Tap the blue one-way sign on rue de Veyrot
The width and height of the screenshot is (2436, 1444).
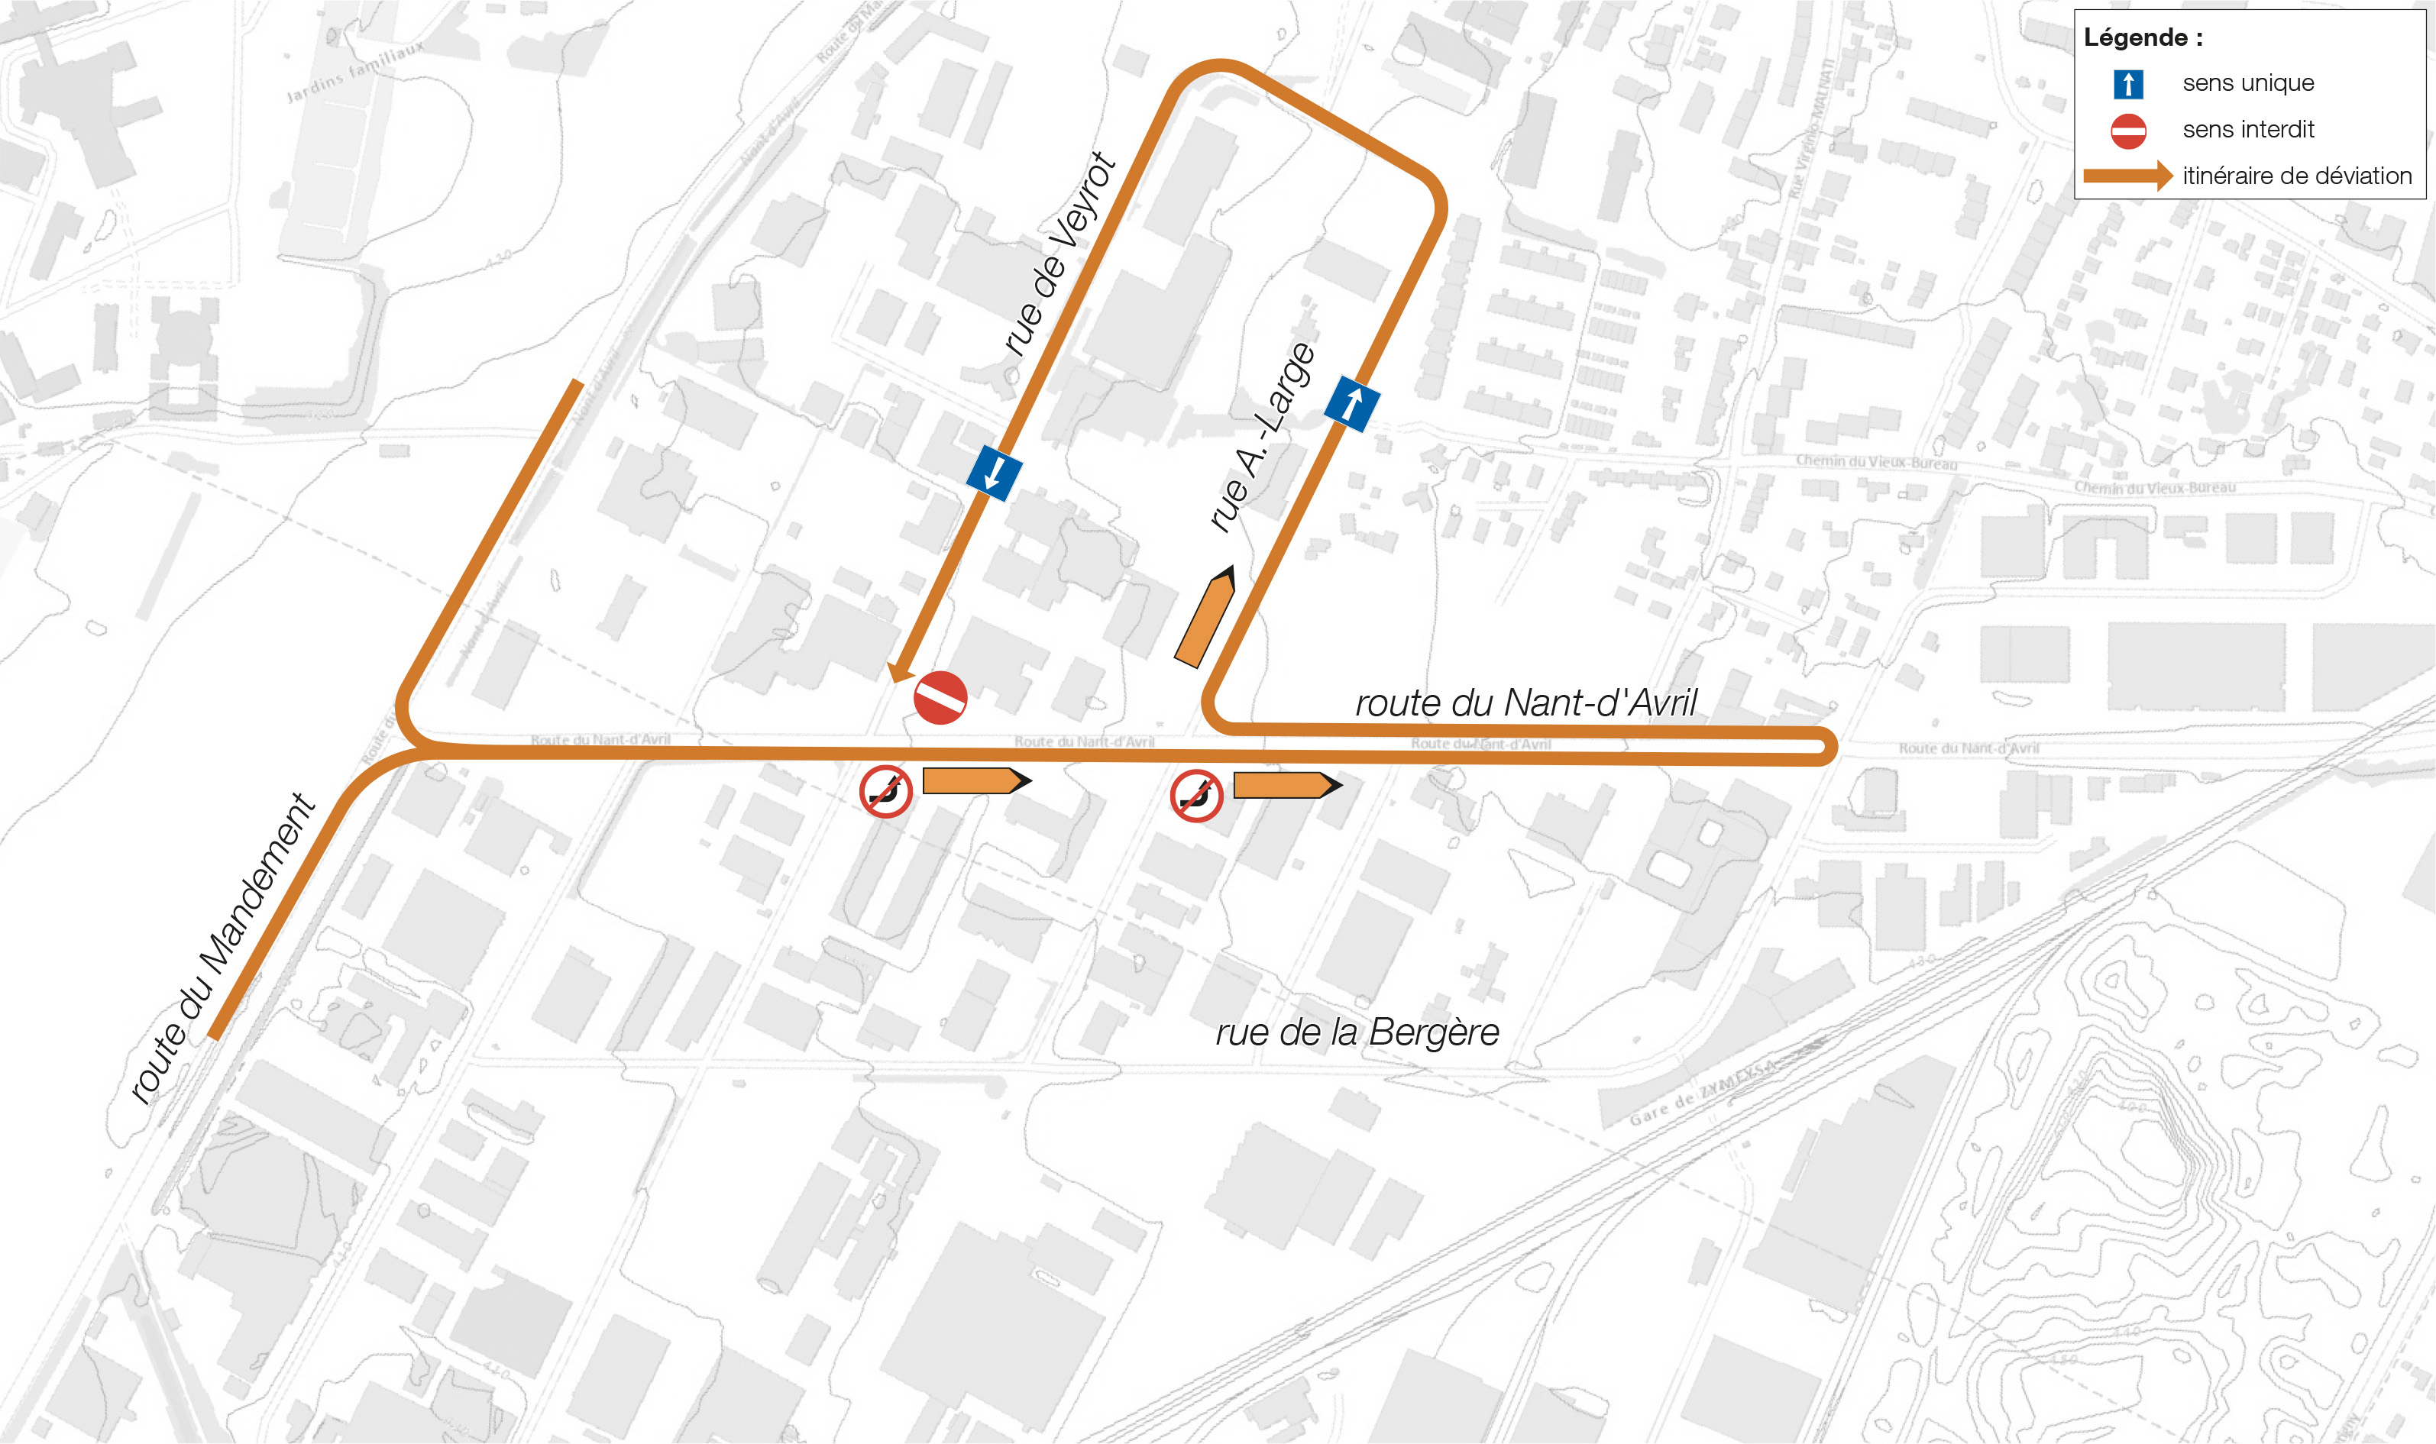click(x=994, y=473)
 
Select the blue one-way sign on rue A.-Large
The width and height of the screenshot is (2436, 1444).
click(x=1352, y=403)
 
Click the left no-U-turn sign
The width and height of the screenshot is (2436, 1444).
click(x=885, y=791)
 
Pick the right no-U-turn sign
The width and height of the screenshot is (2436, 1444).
click(x=1196, y=796)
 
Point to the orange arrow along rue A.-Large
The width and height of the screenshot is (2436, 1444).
click(x=1205, y=617)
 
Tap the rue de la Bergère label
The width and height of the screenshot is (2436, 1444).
click(x=1357, y=1032)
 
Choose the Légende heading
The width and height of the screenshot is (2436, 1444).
click(x=2142, y=38)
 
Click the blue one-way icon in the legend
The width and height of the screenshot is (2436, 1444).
click(x=2127, y=84)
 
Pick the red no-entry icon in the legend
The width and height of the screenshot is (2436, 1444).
click(x=2127, y=131)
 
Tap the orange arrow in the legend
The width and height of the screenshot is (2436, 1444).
click(x=2127, y=176)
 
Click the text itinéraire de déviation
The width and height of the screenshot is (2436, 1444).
click(x=2296, y=176)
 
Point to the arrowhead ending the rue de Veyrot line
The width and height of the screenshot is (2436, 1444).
click(x=898, y=673)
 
